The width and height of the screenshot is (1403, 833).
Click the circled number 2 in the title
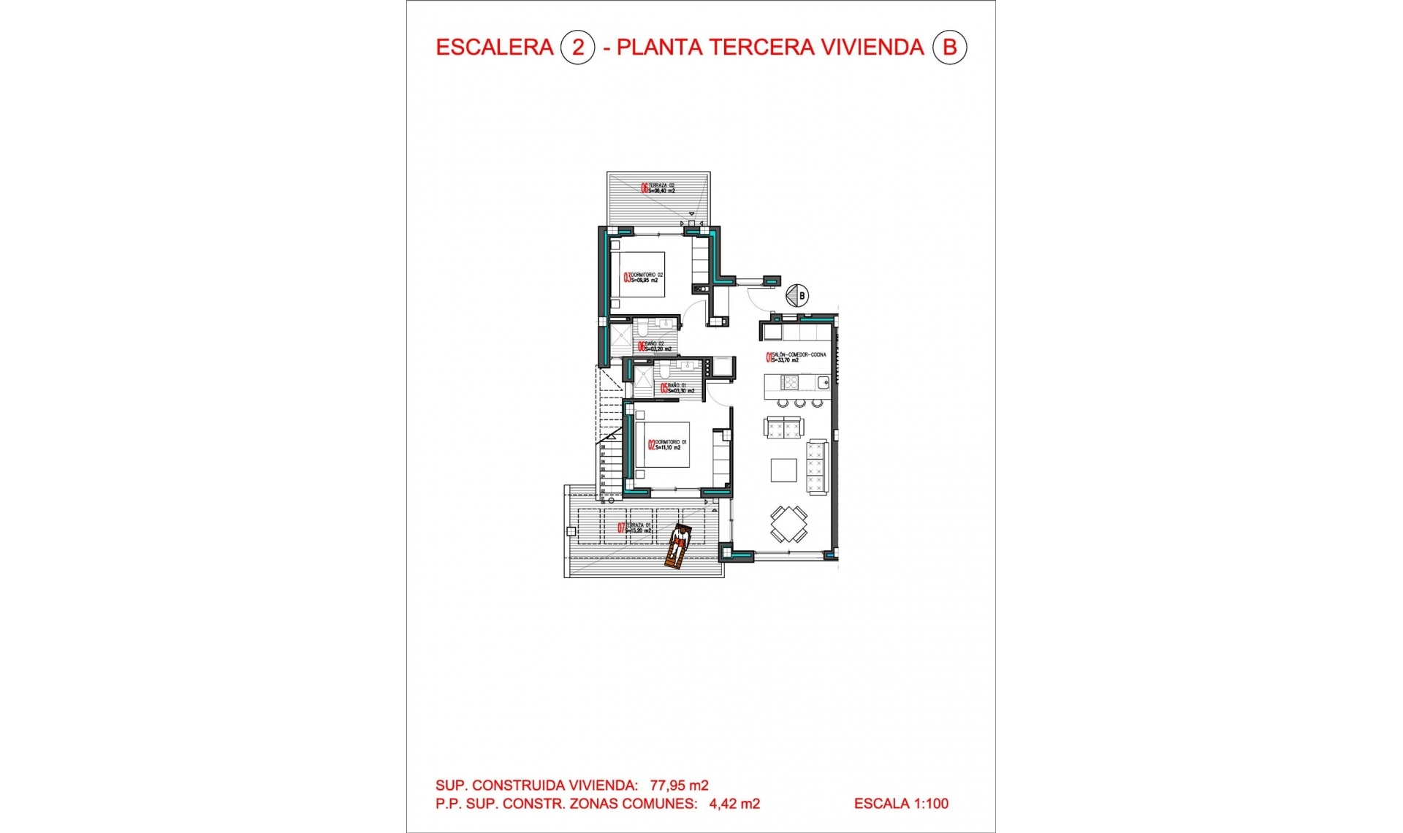(577, 47)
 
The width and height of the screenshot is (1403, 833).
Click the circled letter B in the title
(949, 47)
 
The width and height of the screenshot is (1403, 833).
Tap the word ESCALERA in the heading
(495, 47)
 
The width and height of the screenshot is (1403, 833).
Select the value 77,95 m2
(679, 786)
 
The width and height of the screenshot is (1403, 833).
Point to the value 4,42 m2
(734, 804)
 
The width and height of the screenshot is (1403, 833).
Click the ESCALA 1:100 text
(901, 804)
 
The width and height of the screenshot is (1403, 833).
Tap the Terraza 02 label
(658, 188)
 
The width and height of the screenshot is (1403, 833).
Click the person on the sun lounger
(680, 542)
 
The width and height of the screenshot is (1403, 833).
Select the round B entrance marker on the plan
(796, 296)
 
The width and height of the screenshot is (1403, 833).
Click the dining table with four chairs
(788, 524)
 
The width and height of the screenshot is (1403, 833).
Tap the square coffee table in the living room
(784, 470)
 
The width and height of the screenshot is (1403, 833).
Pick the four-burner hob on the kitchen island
(790, 382)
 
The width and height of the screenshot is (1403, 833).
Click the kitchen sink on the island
(823, 381)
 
